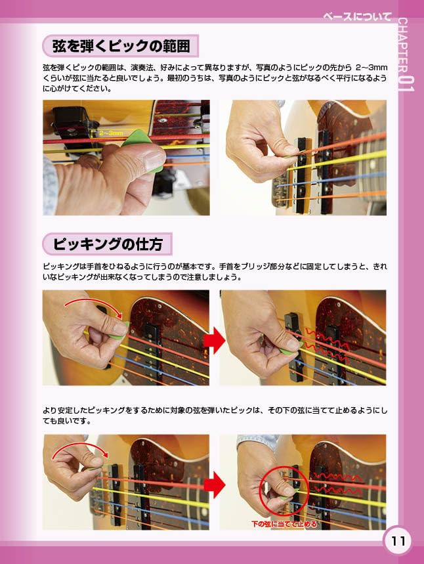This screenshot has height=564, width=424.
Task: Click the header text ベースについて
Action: pos(359,16)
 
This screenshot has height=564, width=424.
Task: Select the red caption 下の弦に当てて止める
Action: pos(284,524)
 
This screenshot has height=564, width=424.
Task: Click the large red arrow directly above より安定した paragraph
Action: pos(215,340)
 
